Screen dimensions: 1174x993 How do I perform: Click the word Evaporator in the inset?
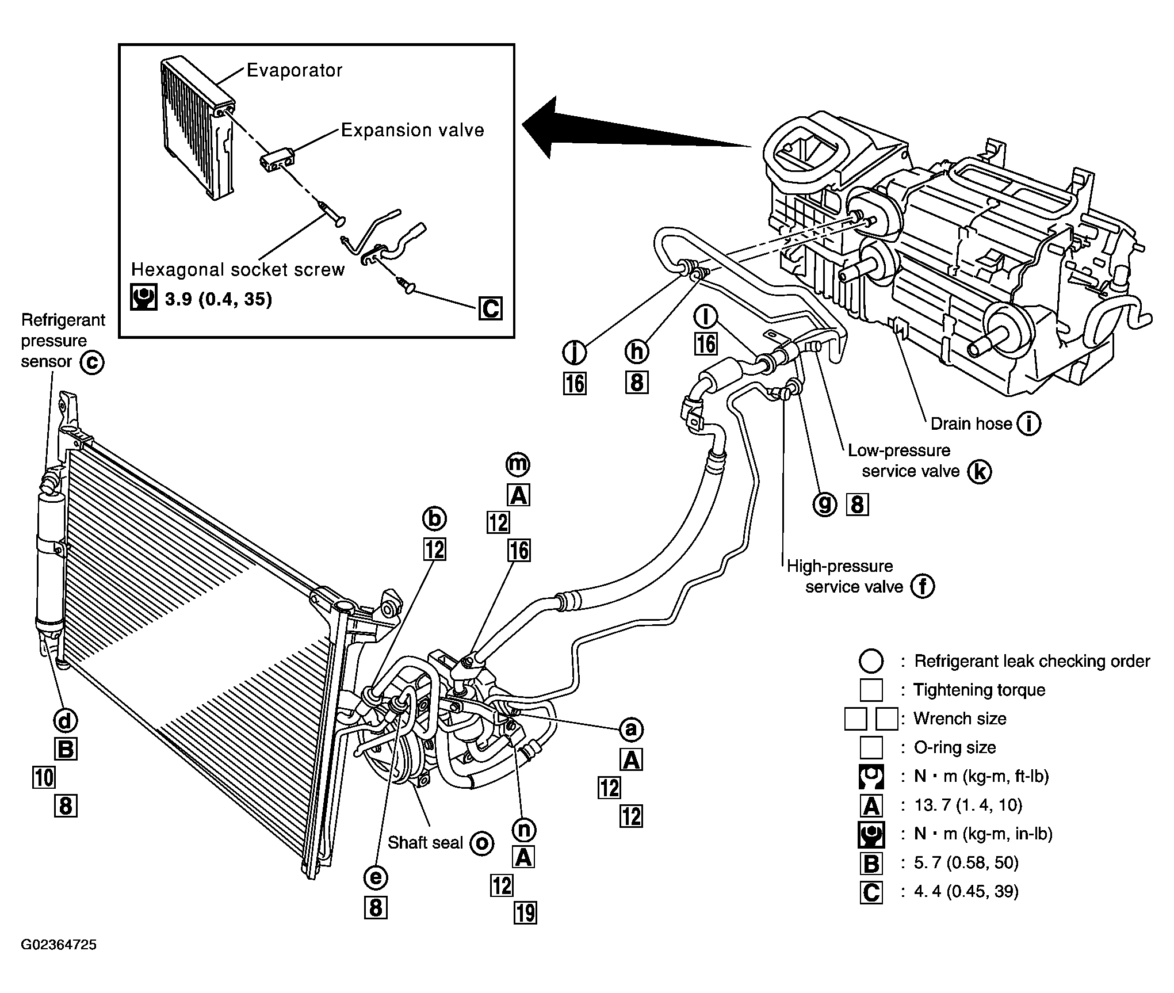(x=295, y=70)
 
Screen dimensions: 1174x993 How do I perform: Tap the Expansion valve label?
(x=412, y=130)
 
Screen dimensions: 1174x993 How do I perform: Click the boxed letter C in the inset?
(x=490, y=308)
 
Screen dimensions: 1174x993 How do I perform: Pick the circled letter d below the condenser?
(x=65, y=720)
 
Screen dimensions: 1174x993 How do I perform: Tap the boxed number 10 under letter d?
(x=44, y=777)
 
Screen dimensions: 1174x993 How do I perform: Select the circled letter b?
(x=434, y=519)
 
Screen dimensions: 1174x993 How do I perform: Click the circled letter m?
(x=518, y=463)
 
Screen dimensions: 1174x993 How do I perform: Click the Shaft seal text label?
(x=425, y=843)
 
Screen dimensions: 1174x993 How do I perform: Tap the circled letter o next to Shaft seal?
(x=481, y=843)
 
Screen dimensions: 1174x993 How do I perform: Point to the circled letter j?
(x=574, y=352)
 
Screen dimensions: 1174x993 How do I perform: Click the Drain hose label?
(x=971, y=423)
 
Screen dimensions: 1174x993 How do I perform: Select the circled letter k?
(x=979, y=472)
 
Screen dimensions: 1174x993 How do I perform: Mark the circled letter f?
(x=923, y=586)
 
